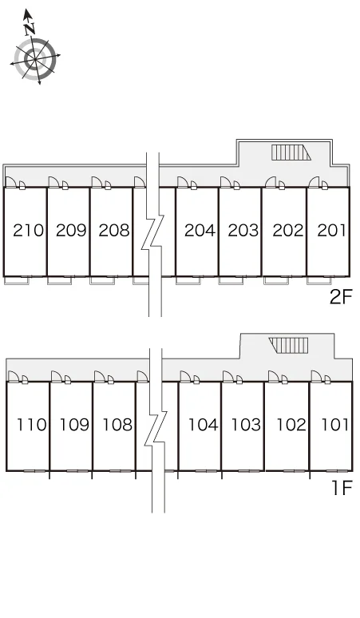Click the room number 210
click(x=29, y=231)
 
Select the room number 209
click(x=71, y=231)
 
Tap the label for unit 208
click(x=114, y=231)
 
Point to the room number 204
click(x=200, y=231)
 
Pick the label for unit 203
click(x=243, y=231)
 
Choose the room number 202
click(x=288, y=231)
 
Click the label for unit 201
click(x=331, y=231)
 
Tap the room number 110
click(x=31, y=425)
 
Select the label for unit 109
click(x=74, y=425)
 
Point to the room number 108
click(x=117, y=425)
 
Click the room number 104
click(x=204, y=425)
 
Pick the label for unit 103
click(x=246, y=425)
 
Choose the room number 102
click(x=291, y=425)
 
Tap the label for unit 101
click(x=334, y=425)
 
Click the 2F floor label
click(x=340, y=297)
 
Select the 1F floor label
click(x=342, y=489)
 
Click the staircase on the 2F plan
click(x=291, y=153)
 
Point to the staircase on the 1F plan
click(x=288, y=345)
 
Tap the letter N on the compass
click(x=30, y=29)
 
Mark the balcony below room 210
click(x=17, y=280)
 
